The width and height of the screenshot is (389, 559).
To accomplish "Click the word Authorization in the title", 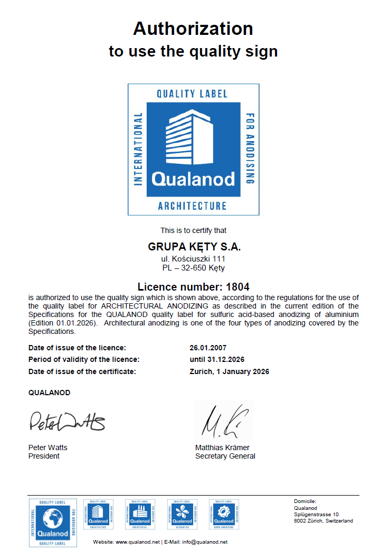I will click(x=193, y=29).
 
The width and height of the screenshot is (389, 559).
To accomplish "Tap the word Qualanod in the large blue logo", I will click(x=193, y=179).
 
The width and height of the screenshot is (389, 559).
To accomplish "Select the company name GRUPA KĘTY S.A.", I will click(x=194, y=247).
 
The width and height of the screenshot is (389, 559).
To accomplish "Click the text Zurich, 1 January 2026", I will click(x=229, y=372).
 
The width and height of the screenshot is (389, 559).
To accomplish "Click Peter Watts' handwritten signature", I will click(x=67, y=421).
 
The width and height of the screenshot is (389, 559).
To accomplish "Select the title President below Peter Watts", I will click(x=44, y=456).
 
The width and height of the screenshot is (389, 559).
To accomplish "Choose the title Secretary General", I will click(x=225, y=456).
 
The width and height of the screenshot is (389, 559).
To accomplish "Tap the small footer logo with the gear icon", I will click(x=225, y=514).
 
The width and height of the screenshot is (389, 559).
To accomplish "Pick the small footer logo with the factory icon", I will click(x=140, y=514).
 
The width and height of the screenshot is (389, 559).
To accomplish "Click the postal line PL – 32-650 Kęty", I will click(x=193, y=268).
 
